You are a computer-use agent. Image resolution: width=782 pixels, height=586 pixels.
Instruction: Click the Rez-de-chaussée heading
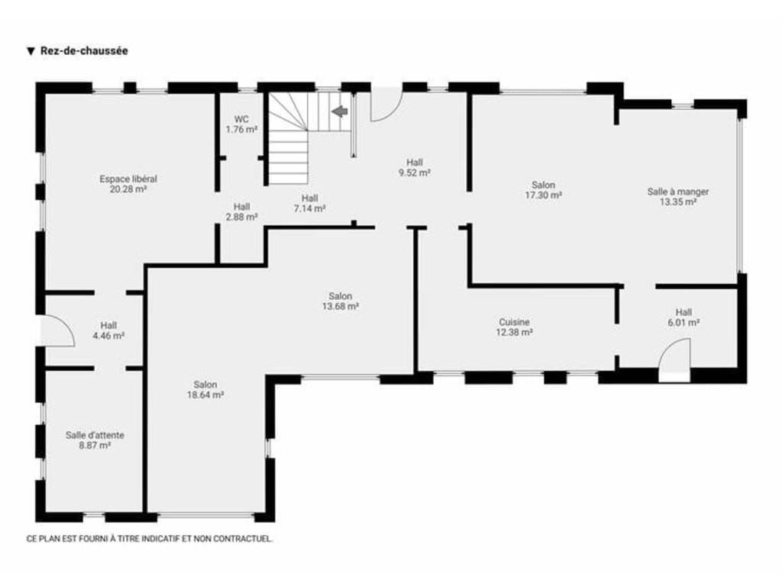click(84, 51)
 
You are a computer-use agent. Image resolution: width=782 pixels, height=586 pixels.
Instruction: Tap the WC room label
click(241, 120)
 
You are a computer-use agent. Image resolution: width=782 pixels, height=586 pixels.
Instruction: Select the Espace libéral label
click(128, 179)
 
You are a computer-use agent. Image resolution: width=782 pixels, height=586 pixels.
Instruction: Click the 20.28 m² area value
click(128, 189)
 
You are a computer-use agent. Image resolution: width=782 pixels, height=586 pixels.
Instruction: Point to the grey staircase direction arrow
click(340, 111)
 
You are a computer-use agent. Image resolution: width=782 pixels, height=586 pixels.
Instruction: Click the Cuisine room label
click(514, 322)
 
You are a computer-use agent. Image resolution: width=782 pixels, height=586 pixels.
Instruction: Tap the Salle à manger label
click(678, 192)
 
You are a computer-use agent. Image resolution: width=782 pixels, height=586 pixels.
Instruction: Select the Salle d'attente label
click(95, 435)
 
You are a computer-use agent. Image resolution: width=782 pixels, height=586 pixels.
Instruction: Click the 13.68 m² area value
click(340, 307)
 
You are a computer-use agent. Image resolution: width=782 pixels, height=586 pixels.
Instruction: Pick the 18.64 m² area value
click(205, 395)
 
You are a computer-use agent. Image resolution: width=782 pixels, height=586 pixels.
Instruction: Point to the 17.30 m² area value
click(543, 195)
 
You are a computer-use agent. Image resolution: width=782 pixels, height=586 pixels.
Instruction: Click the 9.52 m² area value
click(415, 173)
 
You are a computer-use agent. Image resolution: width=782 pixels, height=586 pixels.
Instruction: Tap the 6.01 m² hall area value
click(683, 323)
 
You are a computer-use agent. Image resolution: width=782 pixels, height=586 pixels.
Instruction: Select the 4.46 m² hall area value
click(108, 336)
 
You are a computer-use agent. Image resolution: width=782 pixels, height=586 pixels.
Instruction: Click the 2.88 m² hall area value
click(241, 217)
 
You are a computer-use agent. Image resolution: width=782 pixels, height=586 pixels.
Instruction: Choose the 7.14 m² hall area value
click(309, 209)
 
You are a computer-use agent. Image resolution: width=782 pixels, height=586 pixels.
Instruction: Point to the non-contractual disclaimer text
click(150, 539)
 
